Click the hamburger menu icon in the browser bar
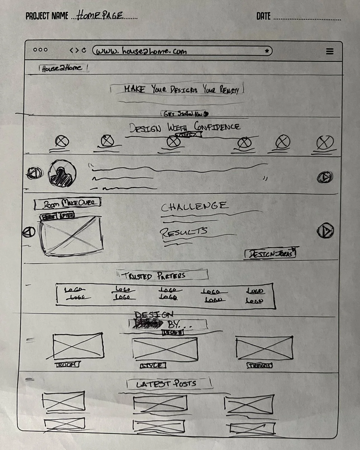pos(330,51)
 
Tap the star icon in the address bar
pos(267,51)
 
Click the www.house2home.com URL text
pos(141,51)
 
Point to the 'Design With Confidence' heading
pos(184,127)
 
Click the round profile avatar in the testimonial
pos(63,173)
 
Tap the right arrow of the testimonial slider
pos(325,177)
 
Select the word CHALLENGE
pos(194,206)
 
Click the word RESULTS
pos(184,232)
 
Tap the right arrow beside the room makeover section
pos(325,231)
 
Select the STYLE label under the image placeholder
pos(153,365)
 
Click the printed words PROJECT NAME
pos(47,16)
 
